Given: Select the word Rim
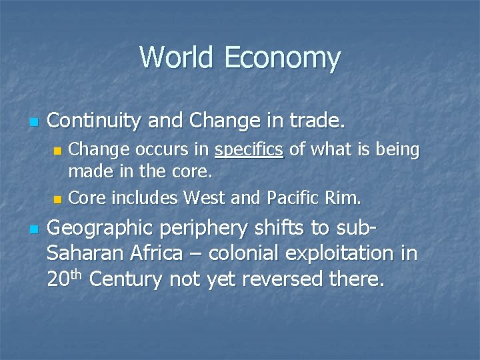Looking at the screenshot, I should pyautogui.click(x=345, y=197).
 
